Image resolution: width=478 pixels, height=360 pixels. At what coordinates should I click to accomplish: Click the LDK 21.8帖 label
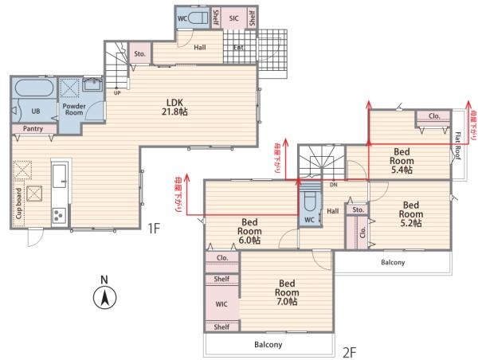pos(174,107)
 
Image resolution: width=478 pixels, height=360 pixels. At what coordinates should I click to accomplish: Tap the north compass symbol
pos(104,293)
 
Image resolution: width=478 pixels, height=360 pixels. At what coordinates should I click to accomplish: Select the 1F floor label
pos(154,228)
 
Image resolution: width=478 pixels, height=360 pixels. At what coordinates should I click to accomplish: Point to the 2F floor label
pos(350,353)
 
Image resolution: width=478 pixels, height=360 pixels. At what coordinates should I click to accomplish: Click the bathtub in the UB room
pos(34,88)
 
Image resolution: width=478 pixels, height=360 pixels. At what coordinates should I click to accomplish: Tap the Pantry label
pos(33,129)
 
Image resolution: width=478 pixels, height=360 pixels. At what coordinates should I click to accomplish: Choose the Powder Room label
pos(74,109)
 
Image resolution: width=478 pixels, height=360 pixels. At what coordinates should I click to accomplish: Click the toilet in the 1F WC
pos(198,18)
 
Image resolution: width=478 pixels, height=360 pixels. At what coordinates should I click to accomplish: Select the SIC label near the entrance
pos(233,18)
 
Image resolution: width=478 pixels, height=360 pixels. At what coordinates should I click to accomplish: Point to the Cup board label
pos(18,203)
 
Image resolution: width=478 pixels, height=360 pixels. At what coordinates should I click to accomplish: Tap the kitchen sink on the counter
pos(60,176)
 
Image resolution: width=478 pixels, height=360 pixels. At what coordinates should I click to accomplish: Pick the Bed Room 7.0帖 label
pos(287,292)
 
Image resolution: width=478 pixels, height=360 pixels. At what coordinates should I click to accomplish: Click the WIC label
pos(221,304)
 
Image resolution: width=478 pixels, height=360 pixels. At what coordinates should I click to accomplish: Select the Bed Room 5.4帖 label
pos(402,161)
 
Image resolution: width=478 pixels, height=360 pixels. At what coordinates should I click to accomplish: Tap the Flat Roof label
pos(458,146)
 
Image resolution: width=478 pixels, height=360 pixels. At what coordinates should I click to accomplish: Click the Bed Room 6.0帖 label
pos(249,231)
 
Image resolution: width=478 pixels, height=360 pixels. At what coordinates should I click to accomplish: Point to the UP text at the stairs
pos(117,93)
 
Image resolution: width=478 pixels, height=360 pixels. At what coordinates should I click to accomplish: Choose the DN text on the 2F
pos(334,185)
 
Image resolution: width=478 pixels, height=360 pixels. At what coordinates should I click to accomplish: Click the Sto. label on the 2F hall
pos(358,209)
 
